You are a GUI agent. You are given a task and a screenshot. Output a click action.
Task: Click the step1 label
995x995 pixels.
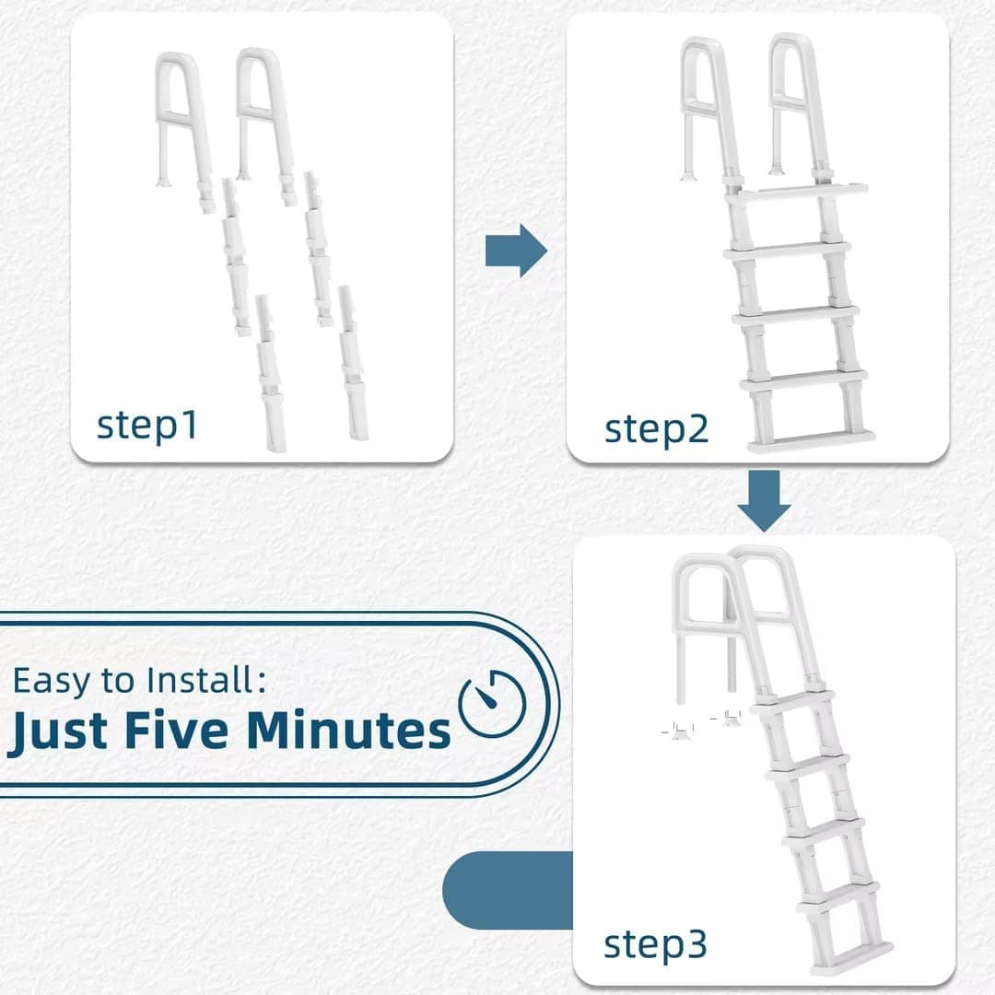coord(146,426)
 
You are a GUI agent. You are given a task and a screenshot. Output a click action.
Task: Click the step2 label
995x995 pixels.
coord(656,430)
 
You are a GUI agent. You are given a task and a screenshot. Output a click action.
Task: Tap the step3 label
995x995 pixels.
coord(655,945)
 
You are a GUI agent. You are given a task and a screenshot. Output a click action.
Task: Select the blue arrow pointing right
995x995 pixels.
coord(516,251)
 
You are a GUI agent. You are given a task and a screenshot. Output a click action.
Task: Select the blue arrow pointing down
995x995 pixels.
coord(764,500)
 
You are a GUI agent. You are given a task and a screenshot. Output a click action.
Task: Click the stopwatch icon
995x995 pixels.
coord(492,703)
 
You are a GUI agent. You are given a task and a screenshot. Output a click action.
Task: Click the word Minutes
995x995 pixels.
coord(348,731)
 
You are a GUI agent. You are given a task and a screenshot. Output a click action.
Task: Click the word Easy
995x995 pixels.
coord(52,682)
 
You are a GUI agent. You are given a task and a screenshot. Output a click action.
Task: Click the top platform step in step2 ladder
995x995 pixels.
coord(796,192)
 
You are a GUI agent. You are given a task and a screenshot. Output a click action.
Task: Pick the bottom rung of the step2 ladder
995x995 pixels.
coord(811,441)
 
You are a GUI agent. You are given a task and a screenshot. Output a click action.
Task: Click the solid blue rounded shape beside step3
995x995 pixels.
coord(508,890)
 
